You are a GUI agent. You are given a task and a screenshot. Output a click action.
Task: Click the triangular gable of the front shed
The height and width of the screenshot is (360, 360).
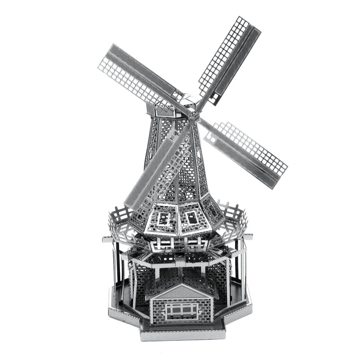179,293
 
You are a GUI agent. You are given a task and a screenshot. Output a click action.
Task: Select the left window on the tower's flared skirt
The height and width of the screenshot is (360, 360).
164,219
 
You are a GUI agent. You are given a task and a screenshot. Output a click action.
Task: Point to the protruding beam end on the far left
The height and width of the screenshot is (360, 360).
106,239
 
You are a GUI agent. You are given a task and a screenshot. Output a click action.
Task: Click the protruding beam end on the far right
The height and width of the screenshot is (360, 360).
248,237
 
